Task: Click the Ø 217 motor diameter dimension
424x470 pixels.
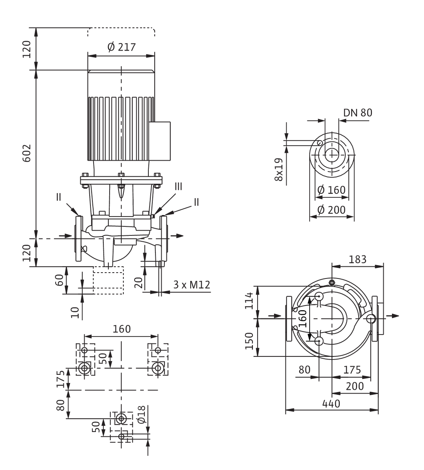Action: tap(121, 47)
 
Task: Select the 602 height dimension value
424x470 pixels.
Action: tap(27, 153)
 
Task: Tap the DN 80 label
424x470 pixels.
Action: tap(358, 113)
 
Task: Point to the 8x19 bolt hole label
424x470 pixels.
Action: tap(279, 170)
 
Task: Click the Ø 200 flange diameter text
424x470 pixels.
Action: tap(331, 210)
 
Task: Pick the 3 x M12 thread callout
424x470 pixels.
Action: tap(191, 285)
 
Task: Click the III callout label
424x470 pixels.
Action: tap(179, 187)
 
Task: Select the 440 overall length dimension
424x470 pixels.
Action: tap(331, 404)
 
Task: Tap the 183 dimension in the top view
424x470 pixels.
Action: tap(357, 259)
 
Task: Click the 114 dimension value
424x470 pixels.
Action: tap(249, 301)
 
